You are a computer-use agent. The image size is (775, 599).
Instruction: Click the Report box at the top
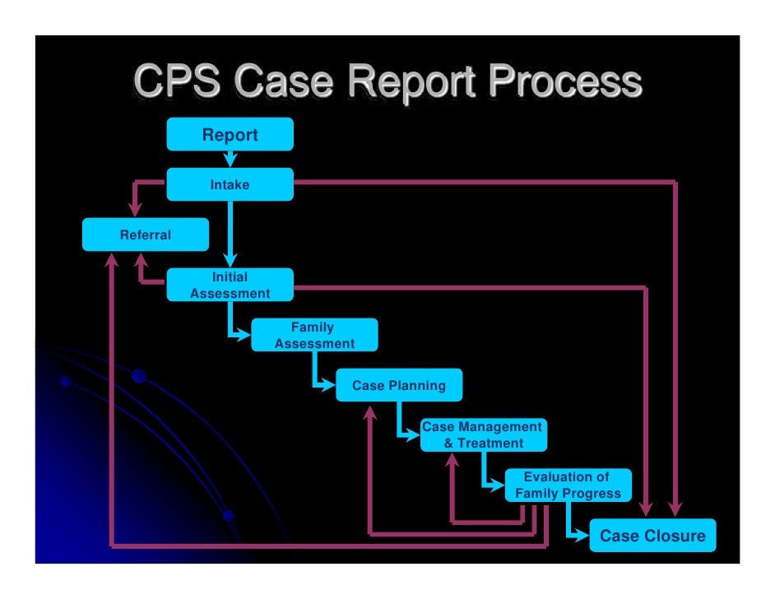[x=230, y=135]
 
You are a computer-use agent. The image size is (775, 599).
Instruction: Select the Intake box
[x=230, y=185]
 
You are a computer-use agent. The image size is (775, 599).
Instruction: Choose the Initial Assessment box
[x=230, y=285]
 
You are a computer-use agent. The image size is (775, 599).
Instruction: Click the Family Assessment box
[x=313, y=335]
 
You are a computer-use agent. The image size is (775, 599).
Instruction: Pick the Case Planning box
[x=398, y=385]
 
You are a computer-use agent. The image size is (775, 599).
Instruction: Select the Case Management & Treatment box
[x=482, y=434]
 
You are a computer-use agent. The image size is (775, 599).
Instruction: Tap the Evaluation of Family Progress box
[x=567, y=485]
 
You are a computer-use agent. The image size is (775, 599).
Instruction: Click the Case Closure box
[x=652, y=536]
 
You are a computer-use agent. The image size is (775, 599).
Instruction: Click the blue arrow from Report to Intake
[x=230, y=159]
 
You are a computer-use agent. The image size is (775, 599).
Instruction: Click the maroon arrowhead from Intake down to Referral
[x=135, y=209]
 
